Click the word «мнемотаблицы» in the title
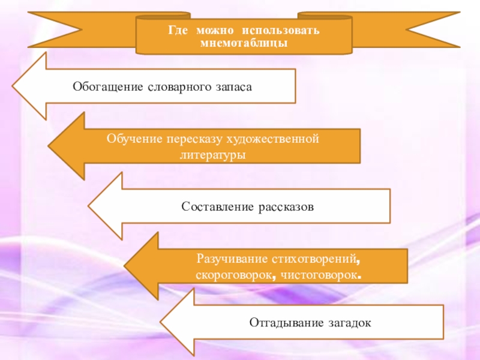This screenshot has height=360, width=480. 244,43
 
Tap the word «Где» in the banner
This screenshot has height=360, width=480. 177,30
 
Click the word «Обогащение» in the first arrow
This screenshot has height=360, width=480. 107,86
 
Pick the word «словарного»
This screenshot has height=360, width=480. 176,86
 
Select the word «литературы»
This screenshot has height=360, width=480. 213,154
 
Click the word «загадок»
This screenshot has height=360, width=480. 347,322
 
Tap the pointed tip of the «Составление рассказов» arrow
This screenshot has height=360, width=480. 89,206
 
